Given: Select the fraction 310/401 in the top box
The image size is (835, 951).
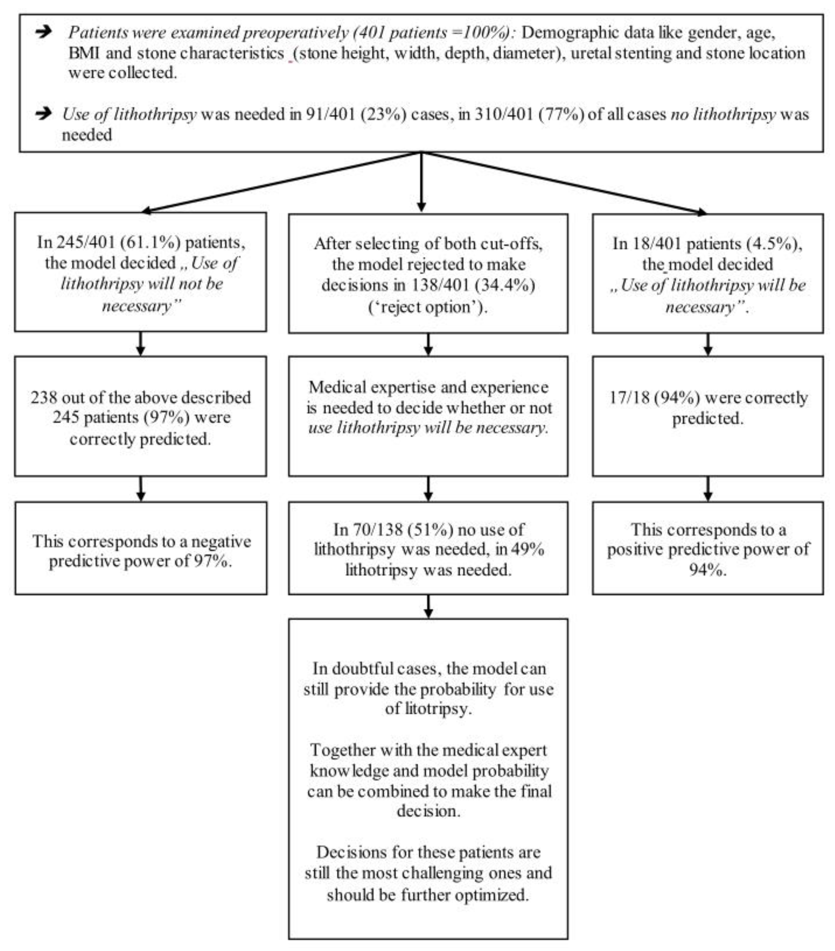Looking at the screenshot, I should [x=503, y=114].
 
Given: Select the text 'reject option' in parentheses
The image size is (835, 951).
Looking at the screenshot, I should [x=427, y=307].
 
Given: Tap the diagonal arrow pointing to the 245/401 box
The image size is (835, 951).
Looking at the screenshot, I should [x=279, y=181].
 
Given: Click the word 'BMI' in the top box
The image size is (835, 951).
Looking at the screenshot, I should [x=84, y=53].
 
